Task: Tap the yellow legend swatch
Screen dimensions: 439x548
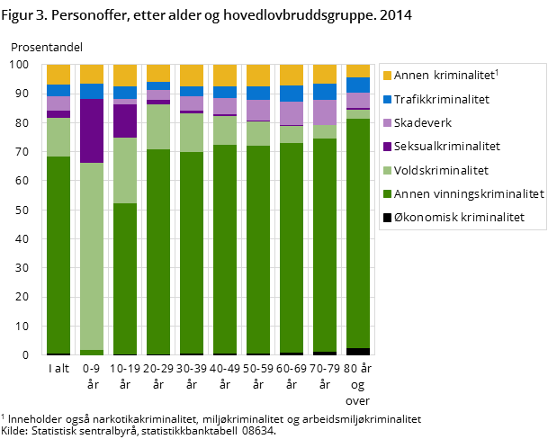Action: pos(387,76)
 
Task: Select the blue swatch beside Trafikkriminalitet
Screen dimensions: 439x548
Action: pos(387,100)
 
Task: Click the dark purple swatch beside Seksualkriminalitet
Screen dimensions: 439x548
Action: pos(387,147)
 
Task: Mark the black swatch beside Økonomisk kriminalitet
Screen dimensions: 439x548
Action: pos(387,217)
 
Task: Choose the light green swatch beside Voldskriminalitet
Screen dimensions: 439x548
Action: pos(387,170)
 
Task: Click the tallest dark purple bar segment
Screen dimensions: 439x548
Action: pos(92,130)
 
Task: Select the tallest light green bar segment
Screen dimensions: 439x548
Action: pos(92,256)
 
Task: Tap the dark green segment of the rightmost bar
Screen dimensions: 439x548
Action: pos(358,233)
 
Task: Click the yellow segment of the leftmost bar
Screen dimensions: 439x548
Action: pos(58,74)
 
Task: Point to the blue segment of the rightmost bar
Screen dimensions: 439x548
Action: pos(358,85)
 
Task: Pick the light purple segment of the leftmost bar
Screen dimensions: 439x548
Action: pos(58,103)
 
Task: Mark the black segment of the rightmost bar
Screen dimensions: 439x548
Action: pos(358,352)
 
